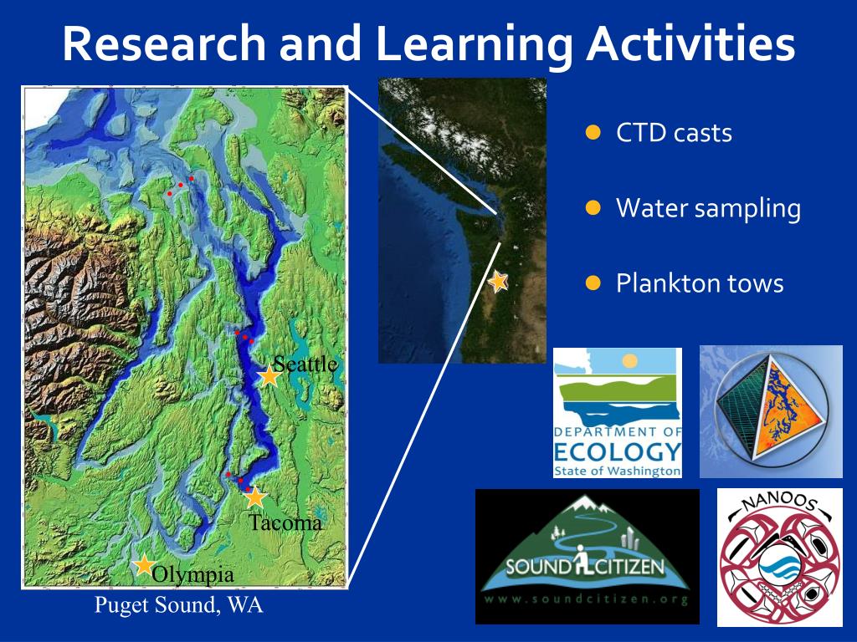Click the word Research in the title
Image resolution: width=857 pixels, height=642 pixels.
click(164, 43)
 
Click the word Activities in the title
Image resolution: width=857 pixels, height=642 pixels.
click(690, 43)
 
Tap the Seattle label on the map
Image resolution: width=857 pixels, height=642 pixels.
click(305, 364)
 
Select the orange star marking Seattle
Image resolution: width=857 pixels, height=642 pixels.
click(269, 376)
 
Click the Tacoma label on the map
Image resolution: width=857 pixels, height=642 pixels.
click(285, 522)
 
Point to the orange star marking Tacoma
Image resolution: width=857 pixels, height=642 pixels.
click(255, 497)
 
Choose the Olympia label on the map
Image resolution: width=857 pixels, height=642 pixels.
click(193, 575)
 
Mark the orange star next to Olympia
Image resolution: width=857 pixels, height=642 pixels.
click(144, 564)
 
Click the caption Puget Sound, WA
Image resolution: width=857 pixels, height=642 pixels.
click(179, 605)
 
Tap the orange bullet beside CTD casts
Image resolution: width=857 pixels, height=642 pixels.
click(593, 133)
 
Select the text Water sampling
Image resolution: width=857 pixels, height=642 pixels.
click(708, 208)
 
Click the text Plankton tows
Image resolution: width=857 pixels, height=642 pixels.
click(700, 283)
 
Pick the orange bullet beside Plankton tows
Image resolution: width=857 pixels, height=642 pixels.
click(593, 283)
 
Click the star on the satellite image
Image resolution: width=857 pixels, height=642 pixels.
click(498, 282)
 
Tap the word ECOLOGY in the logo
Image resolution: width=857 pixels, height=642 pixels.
click(618, 452)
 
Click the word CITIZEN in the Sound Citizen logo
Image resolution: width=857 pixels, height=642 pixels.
click(629, 567)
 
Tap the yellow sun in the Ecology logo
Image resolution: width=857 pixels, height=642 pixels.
click(630, 360)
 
